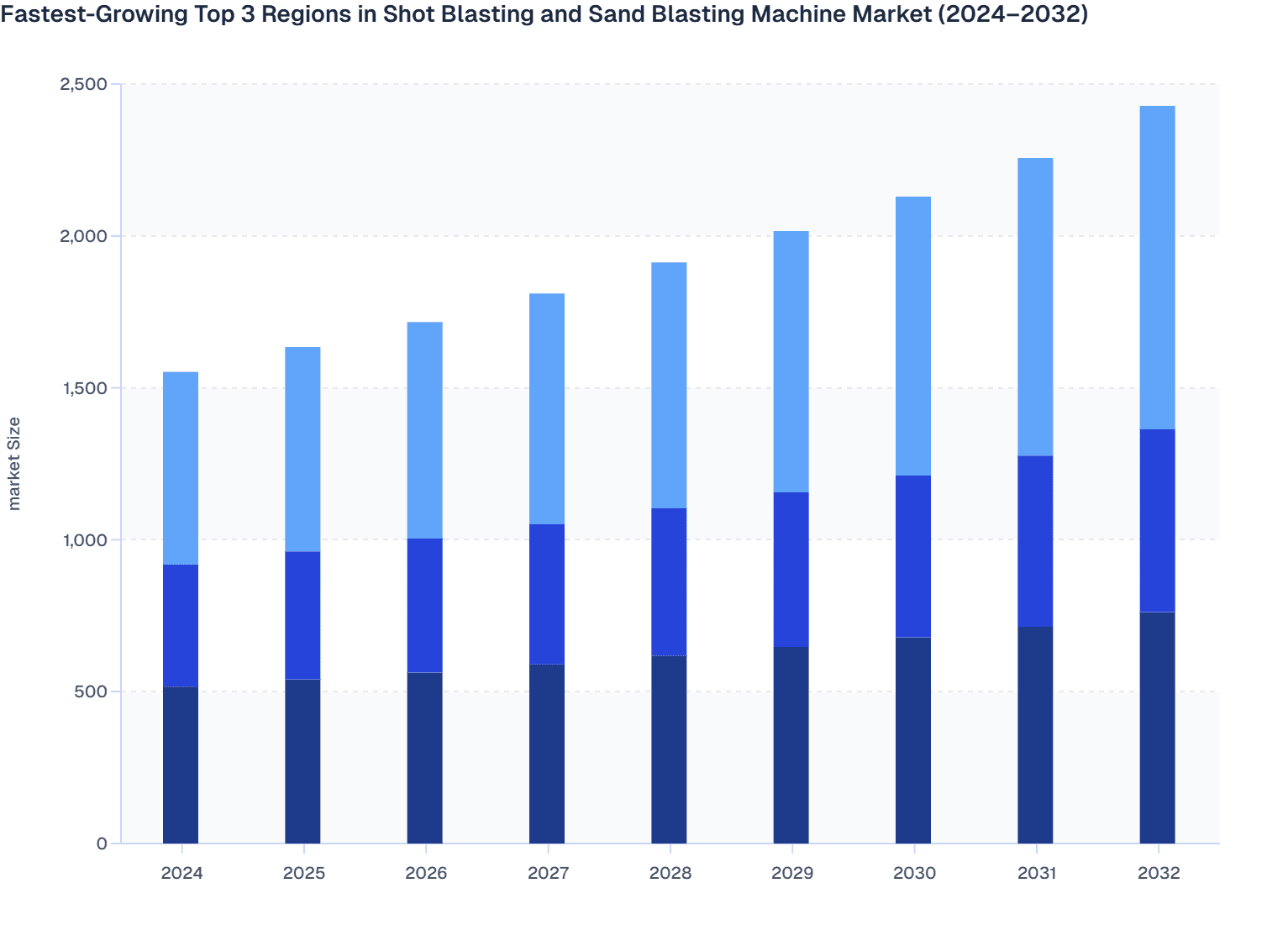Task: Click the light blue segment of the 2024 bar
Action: (x=181, y=468)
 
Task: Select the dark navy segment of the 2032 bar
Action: (x=1157, y=728)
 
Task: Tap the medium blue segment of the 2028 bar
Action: (x=669, y=581)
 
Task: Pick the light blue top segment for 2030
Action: (x=913, y=336)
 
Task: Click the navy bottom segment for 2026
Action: (x=425, y=758)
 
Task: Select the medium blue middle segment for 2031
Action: (x=1035, y=541)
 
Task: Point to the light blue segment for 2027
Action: (x=547, y=409)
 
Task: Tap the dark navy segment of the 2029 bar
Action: (x=791, y=745)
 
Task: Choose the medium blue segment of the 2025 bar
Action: (x=302, y=615)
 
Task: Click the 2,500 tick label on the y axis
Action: (x=83, y=84)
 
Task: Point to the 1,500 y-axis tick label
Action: (x=83, y=388)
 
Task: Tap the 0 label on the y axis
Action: (x=102, y=844)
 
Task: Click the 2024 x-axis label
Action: (x=181, y=873)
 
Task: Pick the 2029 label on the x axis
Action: (x=792, y=873)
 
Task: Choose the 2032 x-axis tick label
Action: (x=1159, y=873)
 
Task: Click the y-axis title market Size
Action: (x=14, y=463)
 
